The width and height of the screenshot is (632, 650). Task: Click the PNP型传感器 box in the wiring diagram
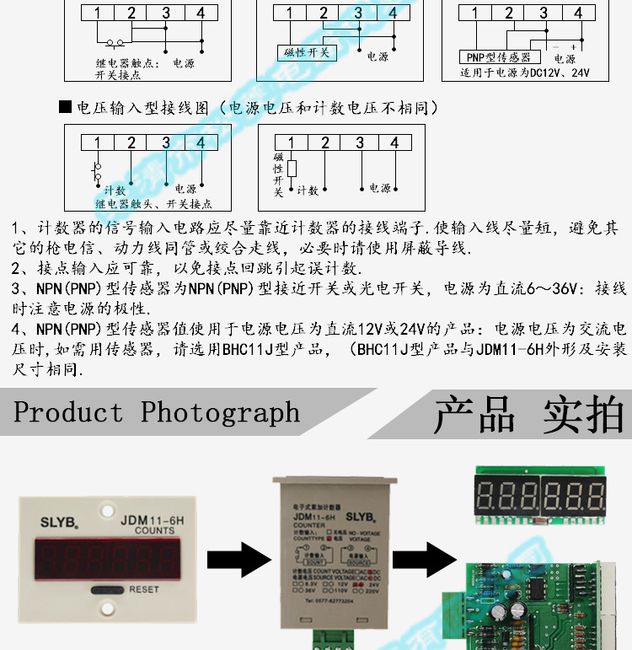[498, 57]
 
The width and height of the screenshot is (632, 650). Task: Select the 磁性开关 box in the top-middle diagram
[306, 52]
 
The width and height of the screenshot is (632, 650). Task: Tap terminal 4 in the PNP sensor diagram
[578, 13]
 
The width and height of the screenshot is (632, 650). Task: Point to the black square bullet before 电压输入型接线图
[66, 108]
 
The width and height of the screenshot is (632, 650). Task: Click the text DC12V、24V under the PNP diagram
[559, 73]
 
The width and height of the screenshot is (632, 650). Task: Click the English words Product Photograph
[157, 412]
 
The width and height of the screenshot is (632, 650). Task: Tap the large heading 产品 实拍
[528, 414]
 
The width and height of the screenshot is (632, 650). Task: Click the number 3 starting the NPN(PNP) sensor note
[17, 289]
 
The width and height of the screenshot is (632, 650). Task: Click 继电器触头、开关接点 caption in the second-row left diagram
[153, 204]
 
